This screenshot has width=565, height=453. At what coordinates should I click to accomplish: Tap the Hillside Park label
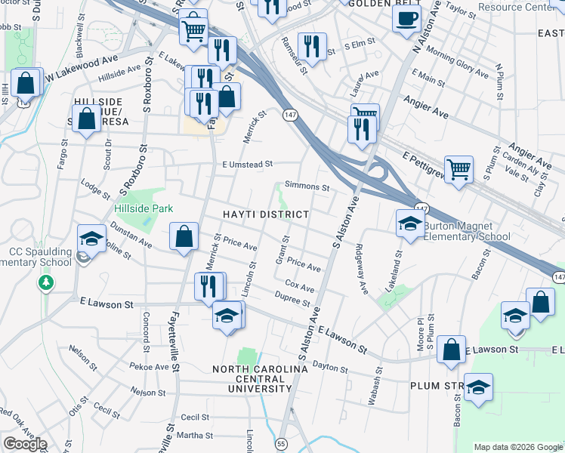click(144, 208)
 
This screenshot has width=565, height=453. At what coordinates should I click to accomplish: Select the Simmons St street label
click(307, 186)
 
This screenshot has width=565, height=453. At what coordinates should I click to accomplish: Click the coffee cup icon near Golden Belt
click(406, 19)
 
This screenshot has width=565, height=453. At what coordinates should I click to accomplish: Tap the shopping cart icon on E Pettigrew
click(458, 169)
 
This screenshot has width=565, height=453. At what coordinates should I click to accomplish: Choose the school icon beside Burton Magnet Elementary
click(409, 223)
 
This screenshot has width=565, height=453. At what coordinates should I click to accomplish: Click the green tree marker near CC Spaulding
click(47, 282)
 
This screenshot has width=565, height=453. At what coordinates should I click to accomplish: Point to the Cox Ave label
click(299, 287)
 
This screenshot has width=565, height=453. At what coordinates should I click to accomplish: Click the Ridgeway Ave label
click(361, 269)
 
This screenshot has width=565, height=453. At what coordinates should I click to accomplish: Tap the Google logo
click(25, 444)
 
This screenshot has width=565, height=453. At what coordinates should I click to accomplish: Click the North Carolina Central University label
click(261, 378)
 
